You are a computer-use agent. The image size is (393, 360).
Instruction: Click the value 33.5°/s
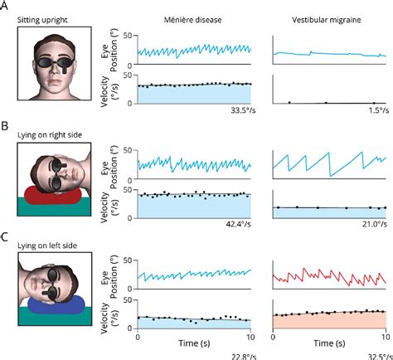(x=235, y=110)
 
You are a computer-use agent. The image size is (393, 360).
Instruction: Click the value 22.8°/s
(x=235, y=354)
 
